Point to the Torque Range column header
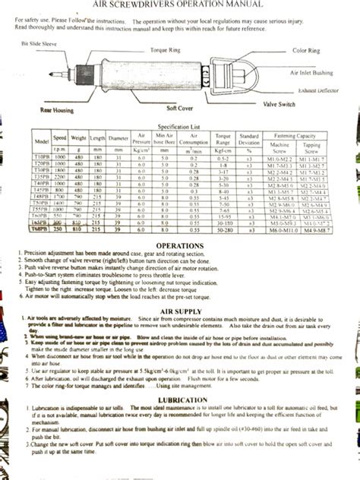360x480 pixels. pyautogui.click(x=223, y=142)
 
